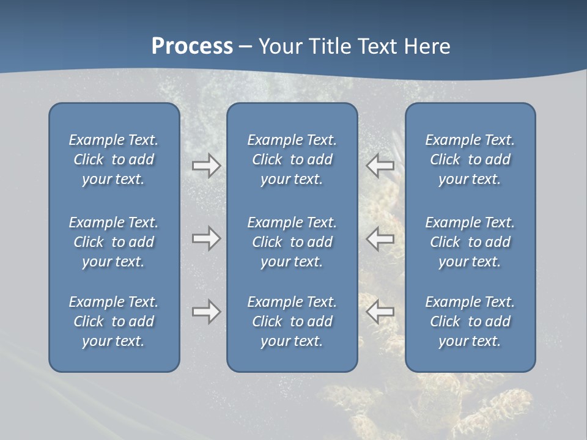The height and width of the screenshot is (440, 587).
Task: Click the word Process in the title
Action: point(192,46)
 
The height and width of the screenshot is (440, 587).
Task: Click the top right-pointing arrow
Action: point(206,166)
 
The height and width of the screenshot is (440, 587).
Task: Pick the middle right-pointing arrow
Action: point(206,238)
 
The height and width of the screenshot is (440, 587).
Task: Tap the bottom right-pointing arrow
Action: point(206,312)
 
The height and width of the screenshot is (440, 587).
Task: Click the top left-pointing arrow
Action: point(380,166)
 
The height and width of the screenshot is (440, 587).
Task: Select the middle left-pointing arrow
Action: point(380,238)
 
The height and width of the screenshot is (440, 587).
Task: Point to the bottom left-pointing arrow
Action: point(380,312)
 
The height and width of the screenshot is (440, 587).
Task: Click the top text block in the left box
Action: point(114,159)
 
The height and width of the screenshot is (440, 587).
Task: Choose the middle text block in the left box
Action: point(114,242)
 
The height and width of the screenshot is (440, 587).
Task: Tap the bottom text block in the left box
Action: point(114,321)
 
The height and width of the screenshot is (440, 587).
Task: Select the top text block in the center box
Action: point(292,159)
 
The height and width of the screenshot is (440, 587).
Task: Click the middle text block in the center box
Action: point(292,242)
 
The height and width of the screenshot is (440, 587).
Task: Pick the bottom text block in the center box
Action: point(292,321)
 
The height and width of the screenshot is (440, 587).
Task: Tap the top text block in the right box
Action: point(470,159)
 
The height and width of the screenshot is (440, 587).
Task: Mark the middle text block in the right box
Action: point(470,242)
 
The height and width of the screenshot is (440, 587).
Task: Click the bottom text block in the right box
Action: point(470,321)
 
